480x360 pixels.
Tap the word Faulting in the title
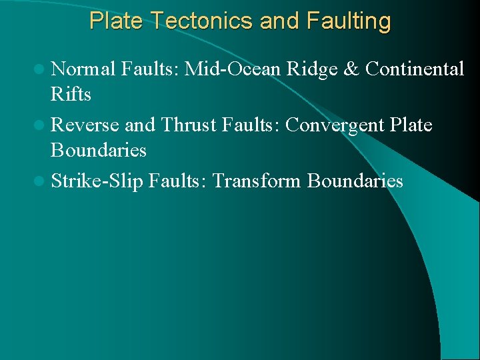point(349,21)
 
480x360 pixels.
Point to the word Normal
point(83,69)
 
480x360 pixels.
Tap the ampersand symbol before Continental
point(352,69)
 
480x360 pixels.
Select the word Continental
point(415,69)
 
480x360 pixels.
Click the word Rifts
point(71,95)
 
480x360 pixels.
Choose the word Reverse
point(85,125)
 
